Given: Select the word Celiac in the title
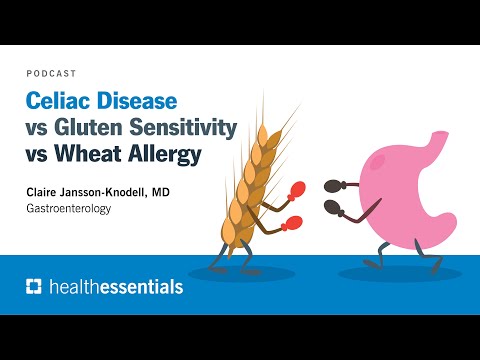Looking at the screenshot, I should coord(56,101).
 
